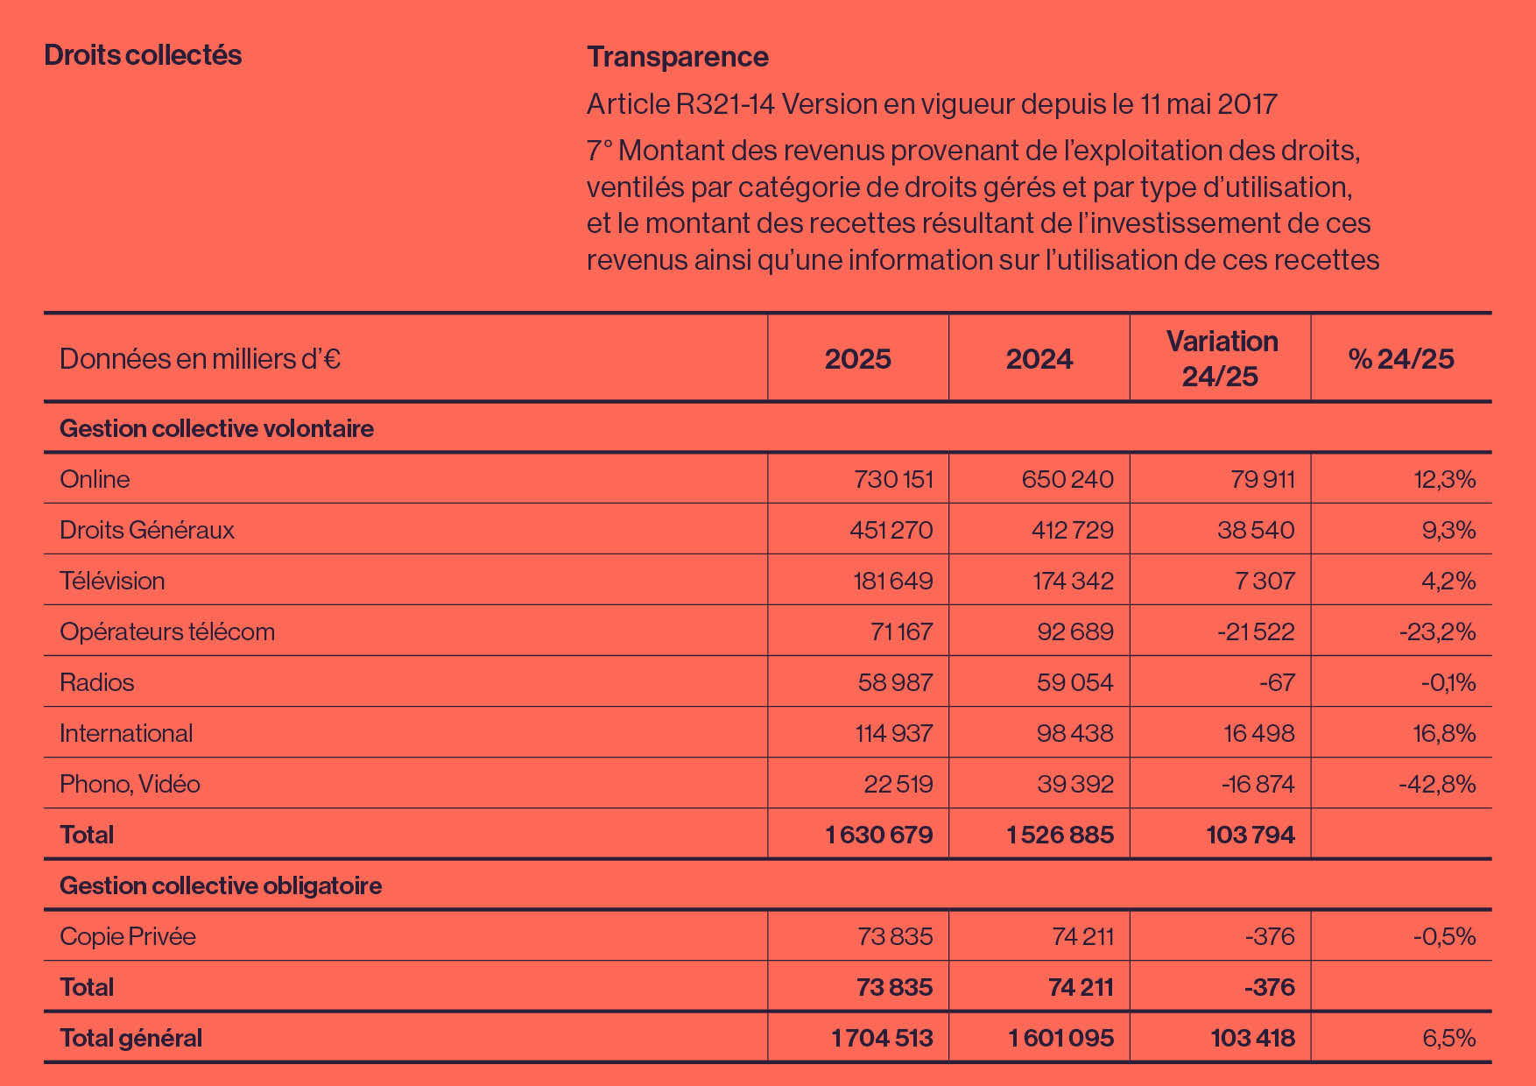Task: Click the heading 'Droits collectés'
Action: click(x=143, y=55)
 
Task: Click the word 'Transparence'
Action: click(x=678, y=57)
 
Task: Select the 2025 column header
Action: click(x=858, y=359)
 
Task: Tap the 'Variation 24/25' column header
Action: click(x=1222, y=358)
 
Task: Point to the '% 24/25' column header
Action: click(x=1401, y=359)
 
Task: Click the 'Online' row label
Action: click(x=95, y=479)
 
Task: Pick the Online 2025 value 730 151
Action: click(x=893, y=479)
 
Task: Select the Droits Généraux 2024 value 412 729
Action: click(x=1073, y=530)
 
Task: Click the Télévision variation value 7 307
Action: click(x=1265, y=581)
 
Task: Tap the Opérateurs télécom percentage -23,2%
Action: click(x=1437, y=631)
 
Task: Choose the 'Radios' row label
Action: click(x=97, y=682)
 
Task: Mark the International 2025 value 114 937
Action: click(x=894, y=733)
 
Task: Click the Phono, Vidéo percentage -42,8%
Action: click(x=1437, y=784)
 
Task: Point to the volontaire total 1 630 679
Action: click(x=879, y=835)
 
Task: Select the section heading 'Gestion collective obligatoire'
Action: click(x=221, y=885)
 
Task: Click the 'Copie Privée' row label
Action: click(x=128, y=936)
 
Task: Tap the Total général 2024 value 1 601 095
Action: click(x=1060, y=1038)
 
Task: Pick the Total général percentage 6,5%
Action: click(x=1449, y=1038)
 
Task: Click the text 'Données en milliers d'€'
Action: click(x=200, y=359)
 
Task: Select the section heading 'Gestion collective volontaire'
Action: click(x=216, y=428)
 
